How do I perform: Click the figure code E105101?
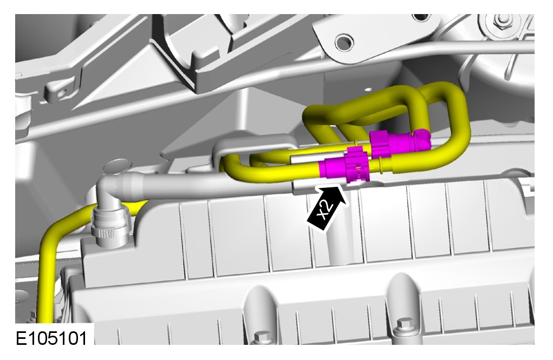click(51, 338)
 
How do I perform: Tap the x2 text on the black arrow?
click(324, 211)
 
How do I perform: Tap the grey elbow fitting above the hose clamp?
click(112, 192)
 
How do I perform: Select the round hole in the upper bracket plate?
click(344, 42)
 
